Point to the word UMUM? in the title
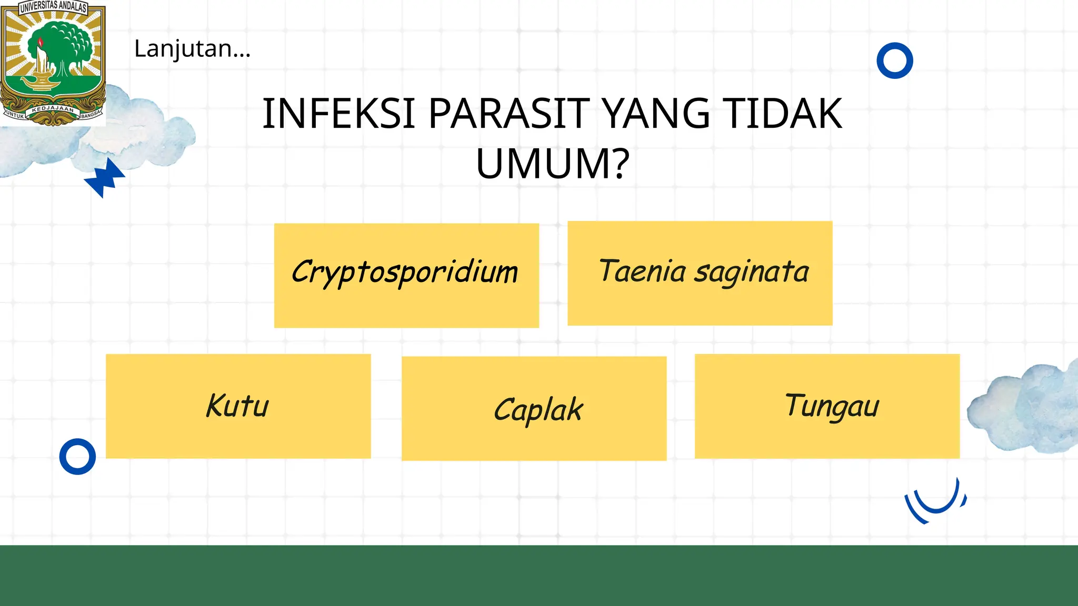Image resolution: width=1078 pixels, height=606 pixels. (x=553, y=164)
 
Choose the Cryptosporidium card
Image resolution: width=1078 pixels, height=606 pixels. (x=406, y=275)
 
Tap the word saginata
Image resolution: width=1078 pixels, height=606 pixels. (x=751, y=272)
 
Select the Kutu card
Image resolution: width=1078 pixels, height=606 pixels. (x=238, y=406)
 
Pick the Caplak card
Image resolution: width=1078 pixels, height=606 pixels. (x=534, y=409)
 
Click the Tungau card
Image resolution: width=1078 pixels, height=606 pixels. (x=827, y=406)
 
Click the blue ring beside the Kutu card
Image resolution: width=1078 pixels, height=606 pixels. (x=77, y=456)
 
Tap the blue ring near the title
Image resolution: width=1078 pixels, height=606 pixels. (x=894, y=60)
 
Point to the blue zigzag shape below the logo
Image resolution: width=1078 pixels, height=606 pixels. (x=105, y=178)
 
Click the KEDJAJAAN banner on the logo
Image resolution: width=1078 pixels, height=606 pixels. (x=53, y=109)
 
